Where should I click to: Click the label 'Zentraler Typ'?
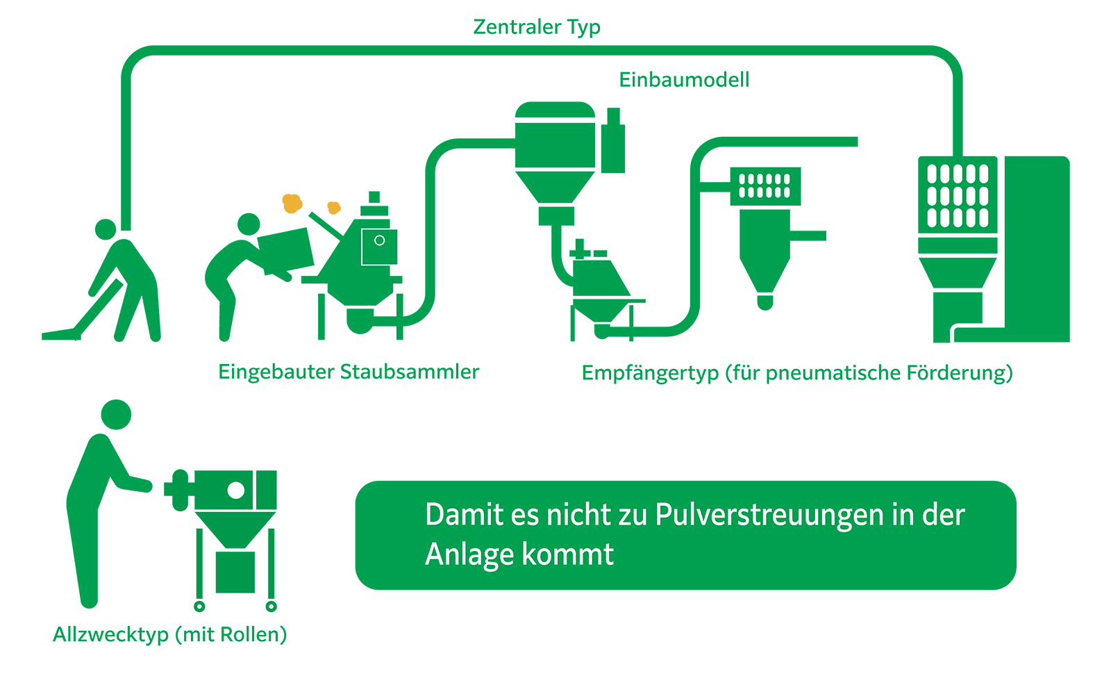[537, 27]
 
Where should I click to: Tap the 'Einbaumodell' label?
[684, 80]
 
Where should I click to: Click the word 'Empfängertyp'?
[650, 373]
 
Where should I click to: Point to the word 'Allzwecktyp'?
[111, 634]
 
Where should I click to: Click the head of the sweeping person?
[106, 229]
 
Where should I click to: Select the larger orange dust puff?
[292, 203]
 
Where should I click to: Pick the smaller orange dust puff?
[334, 207]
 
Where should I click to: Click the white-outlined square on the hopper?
[380, 247]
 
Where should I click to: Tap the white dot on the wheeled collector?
[236, 490]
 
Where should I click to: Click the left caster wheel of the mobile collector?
[199, 606]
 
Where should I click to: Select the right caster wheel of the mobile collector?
[272, 606]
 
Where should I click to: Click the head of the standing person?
[116, 415]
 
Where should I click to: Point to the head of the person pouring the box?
[249, 224]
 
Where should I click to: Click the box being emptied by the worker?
[286, 249]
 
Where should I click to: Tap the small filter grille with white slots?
[765, 186]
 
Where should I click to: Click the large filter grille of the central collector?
[958, 196]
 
